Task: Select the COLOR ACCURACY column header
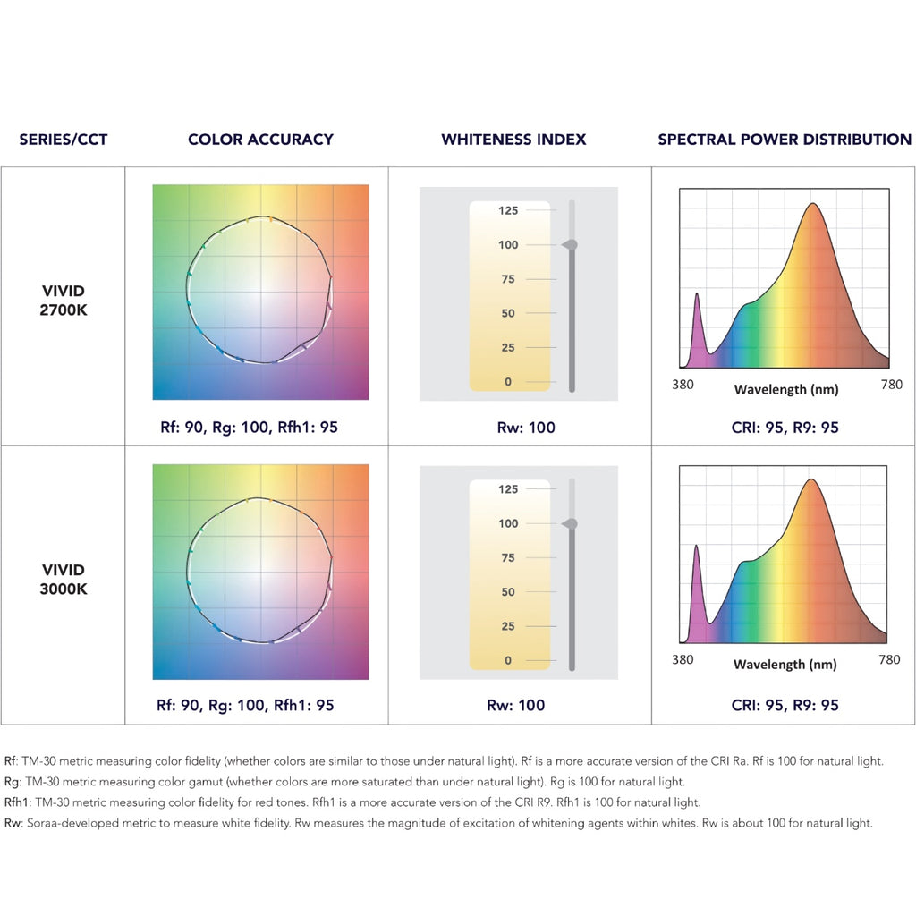pos(260,140)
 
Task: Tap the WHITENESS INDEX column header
pos(513,140)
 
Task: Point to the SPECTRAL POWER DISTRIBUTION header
pos(785,140)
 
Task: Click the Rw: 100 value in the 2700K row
pos(526,428)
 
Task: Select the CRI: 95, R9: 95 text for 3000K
pos(785,705)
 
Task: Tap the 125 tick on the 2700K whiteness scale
pos(508,211)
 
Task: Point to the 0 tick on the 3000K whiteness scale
pos(508,660)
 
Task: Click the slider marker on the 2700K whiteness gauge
pos(571,244)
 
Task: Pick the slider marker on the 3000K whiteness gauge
pos(571,523)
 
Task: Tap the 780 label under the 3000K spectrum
pos(889,660)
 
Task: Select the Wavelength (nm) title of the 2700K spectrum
pos(785,390)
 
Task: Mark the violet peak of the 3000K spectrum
pos(696,546)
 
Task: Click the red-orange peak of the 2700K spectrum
pos(812,205)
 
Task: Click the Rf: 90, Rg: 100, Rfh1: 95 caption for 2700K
pos(247,428)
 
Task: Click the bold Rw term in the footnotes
pos(13,823)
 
